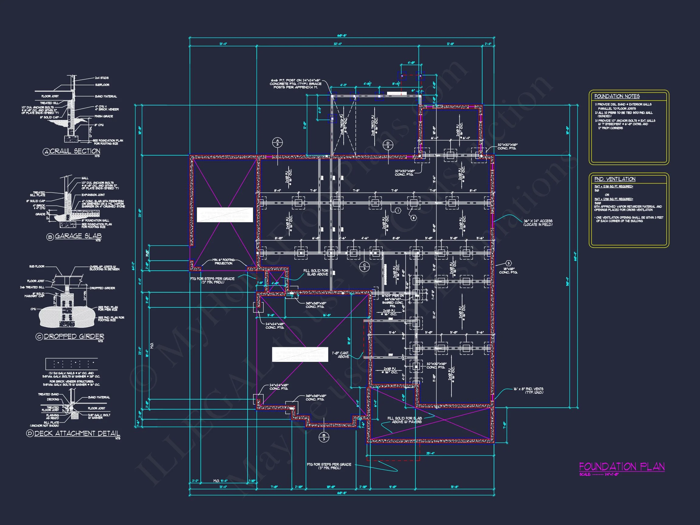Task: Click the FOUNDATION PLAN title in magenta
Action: coord(622,467)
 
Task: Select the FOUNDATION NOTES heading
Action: coord(617,96)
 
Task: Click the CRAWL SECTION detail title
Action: coord(75,151)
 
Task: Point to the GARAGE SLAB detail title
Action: coord(78,236)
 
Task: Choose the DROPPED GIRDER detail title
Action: coord(74,336)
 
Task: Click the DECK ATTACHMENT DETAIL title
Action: coord(77,433)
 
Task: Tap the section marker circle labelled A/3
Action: coord(277,142)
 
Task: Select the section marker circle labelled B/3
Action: coord(324,437)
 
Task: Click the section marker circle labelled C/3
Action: coord(364,266)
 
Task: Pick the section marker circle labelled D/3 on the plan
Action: coord(388,145)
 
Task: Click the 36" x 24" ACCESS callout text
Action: coord(538,222)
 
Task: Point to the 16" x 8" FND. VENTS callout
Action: coord(528,390)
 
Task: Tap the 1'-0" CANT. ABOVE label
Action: coord(340,355)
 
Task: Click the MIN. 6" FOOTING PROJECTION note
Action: coord(223,261)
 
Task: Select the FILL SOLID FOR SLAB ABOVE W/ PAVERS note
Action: coord(404,420)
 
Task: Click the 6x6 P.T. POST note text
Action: coord(295,84)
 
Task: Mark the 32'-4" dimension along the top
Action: coord(337,44)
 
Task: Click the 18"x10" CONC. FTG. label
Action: coord(508,270)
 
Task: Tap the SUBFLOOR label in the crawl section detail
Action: coord(102,85)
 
